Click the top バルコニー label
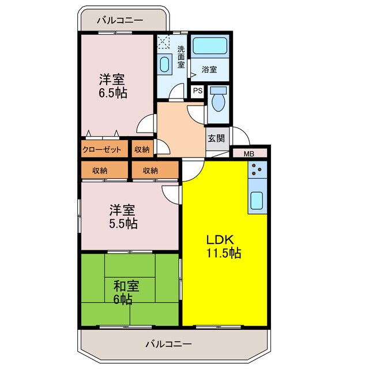(x=119, y=20)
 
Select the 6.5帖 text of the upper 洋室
(x=112, y=92)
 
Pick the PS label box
(x=198, y=91)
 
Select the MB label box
(x=249, y=153)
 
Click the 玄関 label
(x=216, y=138)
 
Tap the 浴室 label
(x=209, y=70)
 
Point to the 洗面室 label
(x=180, y=57)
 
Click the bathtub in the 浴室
(x=209, y=46)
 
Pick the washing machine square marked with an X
(x=163, y=42)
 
